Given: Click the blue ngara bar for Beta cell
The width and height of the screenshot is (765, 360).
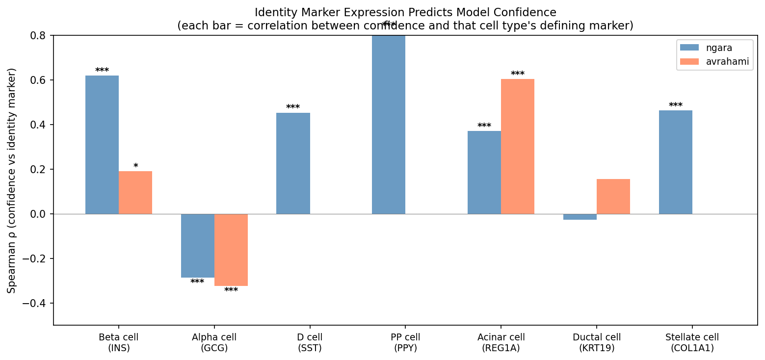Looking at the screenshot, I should pyautogui.click(x=102, y=145).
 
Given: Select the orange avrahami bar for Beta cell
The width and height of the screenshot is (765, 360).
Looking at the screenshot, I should pyautogui.click(x=135, y=192).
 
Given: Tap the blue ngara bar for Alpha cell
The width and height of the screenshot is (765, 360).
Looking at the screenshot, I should pyautogui.click(x=198, y=246).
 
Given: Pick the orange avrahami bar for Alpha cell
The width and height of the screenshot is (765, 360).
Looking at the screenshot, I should pyautogui.click(x=231, y=250).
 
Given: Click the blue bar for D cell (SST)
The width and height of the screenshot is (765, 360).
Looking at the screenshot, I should pyautogui.click(x=293, y=163).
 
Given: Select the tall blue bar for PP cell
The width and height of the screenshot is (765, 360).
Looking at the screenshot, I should pyautogui.click(x=389, y=125).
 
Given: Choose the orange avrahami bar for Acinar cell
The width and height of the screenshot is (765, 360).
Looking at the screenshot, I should pyautogui.click(x=518, y=146).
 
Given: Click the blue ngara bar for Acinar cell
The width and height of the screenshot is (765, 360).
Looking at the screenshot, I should pyautogui.click(x=484, y=172).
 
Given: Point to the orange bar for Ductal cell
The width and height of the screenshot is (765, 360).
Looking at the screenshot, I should pyautogui.click(x=613, y=196).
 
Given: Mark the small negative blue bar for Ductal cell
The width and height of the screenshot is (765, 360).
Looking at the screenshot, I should pyautogui.click(x=580, y=217).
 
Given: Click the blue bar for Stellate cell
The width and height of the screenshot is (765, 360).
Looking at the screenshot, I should pyautogui.click(x=676, y=162).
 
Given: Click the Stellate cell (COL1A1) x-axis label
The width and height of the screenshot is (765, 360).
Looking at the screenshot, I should pyautogui.click(x=692, y=342).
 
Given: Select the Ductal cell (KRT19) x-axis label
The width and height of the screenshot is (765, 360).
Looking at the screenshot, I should pyautogui.click(x=597, y=342).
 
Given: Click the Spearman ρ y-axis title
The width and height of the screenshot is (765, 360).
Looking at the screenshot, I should pyautogui.click(x=12, y=180).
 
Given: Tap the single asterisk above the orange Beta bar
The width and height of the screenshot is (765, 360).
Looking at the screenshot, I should pyautogui.click(x=135, y=166).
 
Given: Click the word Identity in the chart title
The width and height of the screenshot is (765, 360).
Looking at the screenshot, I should pyautogui.click(x=274, y=12).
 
